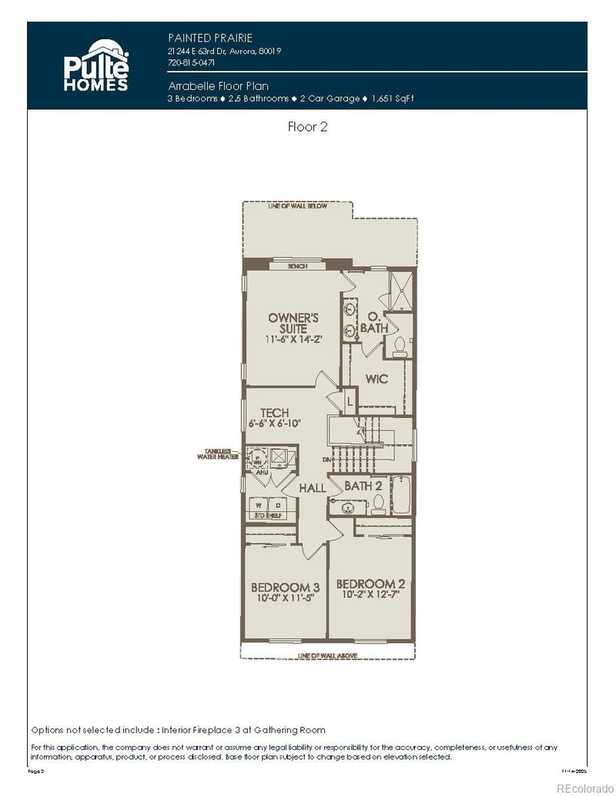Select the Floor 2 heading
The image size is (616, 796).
(307, 127)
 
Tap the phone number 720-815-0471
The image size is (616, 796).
(191, 63)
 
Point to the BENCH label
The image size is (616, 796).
(297, 266)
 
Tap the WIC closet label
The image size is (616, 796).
(377, 380)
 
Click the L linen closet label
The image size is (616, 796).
(349, 401)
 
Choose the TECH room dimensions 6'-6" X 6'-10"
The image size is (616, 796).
(275, 423)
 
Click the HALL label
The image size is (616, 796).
(312, 488)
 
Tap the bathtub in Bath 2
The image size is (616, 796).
(402, 497)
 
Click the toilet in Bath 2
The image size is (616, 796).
(378, 504)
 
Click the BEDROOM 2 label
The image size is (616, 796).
(370, 583)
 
